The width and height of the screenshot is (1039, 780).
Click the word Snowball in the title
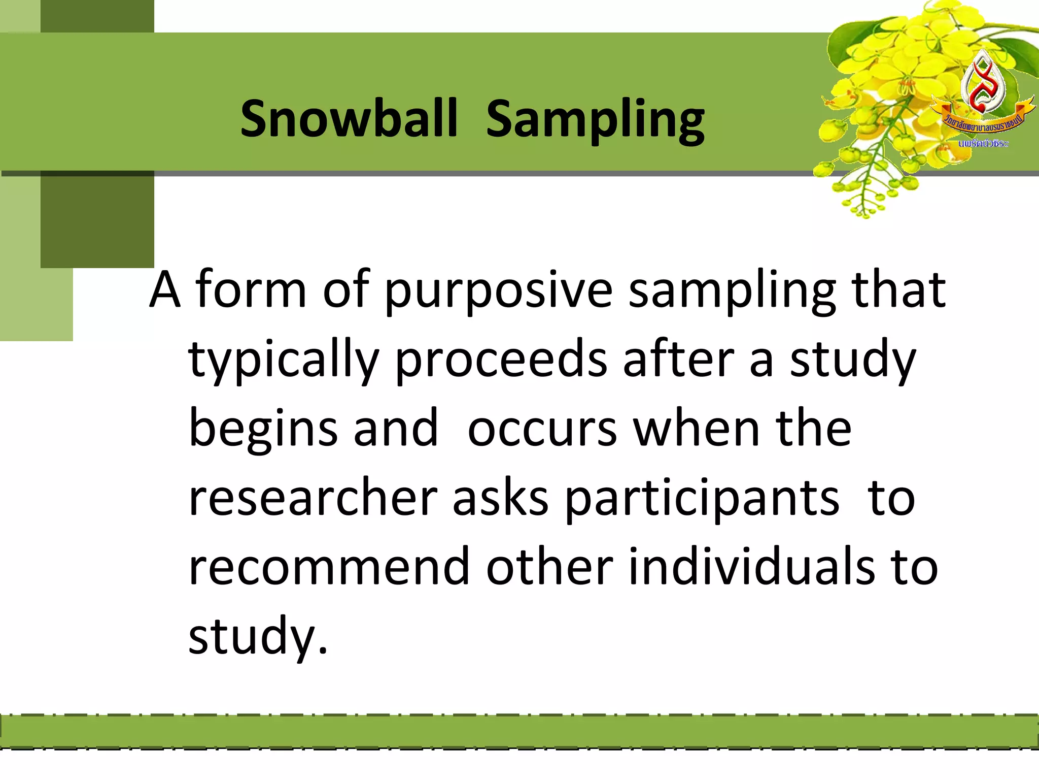pos(349,118)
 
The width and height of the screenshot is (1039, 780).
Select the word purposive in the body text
pos(498,290)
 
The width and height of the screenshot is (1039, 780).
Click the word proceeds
pos(501,359)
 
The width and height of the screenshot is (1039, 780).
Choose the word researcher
pos(313,498)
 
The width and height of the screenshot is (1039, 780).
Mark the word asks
pos(500,498)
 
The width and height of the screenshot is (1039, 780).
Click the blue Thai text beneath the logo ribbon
pos(983,144)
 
